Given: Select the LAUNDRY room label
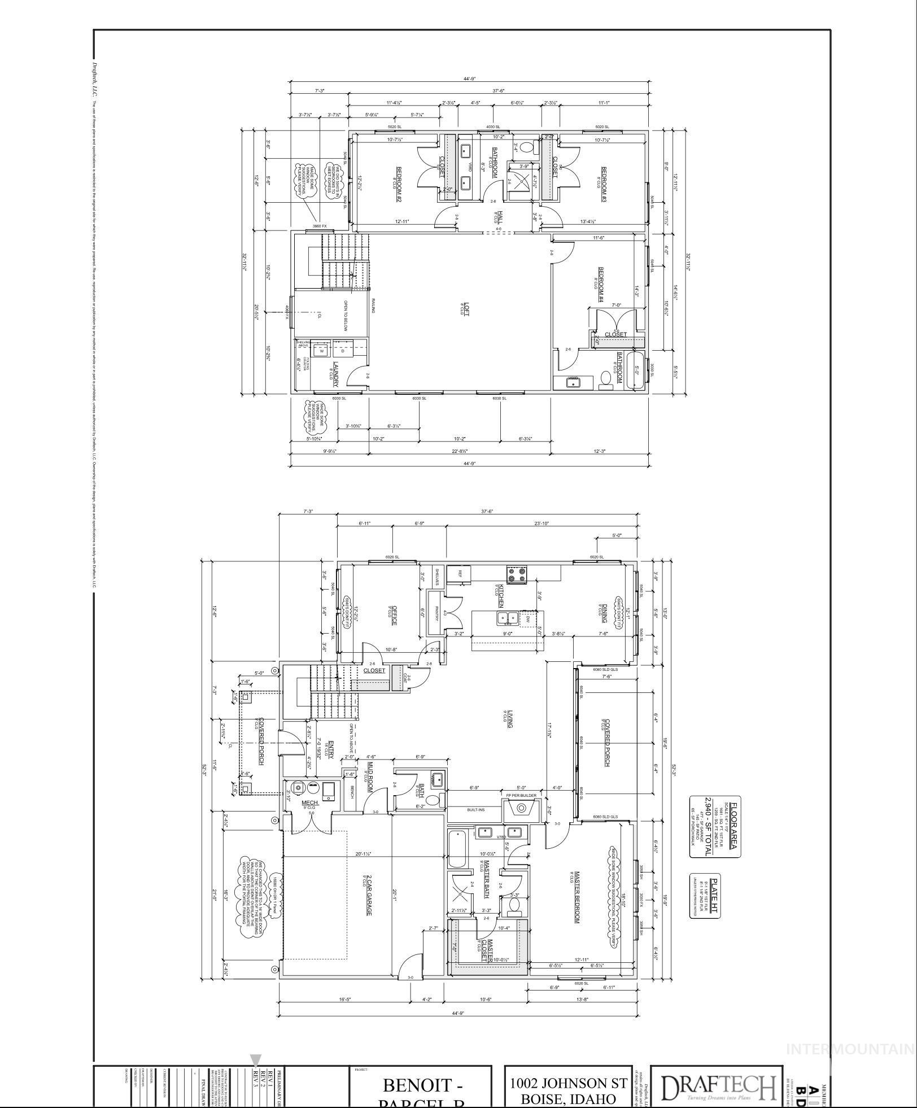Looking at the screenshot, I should tap(336, 374).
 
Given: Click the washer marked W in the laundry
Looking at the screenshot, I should tap(322, 350).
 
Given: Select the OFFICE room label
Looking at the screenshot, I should tap(394, 615).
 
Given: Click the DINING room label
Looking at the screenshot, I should tap(604, 613).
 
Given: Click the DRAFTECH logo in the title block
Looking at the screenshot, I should tap(718, 1087).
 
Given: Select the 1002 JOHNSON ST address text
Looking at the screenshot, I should tap(568, 1083).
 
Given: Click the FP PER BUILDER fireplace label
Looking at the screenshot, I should tap(521, 795).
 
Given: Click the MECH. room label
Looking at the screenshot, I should tap(310, 802).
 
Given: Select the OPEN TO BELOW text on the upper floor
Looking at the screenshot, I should tap(346, 316).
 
